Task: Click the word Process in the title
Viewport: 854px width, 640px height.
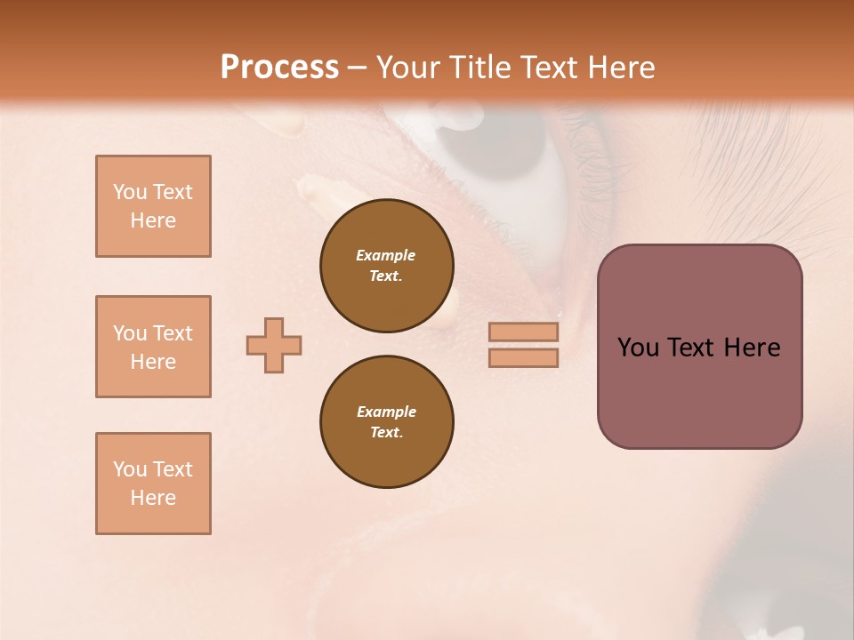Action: click(x=279, y=68)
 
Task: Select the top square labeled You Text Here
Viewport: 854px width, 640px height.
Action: click(x=153, y=206)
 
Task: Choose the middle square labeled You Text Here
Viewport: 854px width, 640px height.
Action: click(x=153, y=347)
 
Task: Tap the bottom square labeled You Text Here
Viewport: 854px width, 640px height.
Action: click(x=153, y=484)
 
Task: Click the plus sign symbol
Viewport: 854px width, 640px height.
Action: click(x=274, y=345)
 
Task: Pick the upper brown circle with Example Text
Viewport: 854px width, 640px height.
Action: click(x=387, y=266)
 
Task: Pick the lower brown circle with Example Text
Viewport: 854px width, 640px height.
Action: click(x=387, y=422)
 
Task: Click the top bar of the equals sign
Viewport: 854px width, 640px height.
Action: click(x=523, y=332)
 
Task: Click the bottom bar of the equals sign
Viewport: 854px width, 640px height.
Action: click(x=523, y=357)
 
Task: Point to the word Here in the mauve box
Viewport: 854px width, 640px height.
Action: click(x=752, y=348)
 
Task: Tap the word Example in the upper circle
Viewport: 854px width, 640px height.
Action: click(x=385, y=256)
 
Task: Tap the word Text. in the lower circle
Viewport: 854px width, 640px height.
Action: click(x=386, y=433)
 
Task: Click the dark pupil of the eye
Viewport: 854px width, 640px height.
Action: click(x=503, y=142)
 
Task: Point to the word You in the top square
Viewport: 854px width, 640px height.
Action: click(x=128, y=192)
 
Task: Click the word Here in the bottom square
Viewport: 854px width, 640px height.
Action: click(x=153, y=498)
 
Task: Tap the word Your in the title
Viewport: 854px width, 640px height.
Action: click(x=407, y=68)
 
